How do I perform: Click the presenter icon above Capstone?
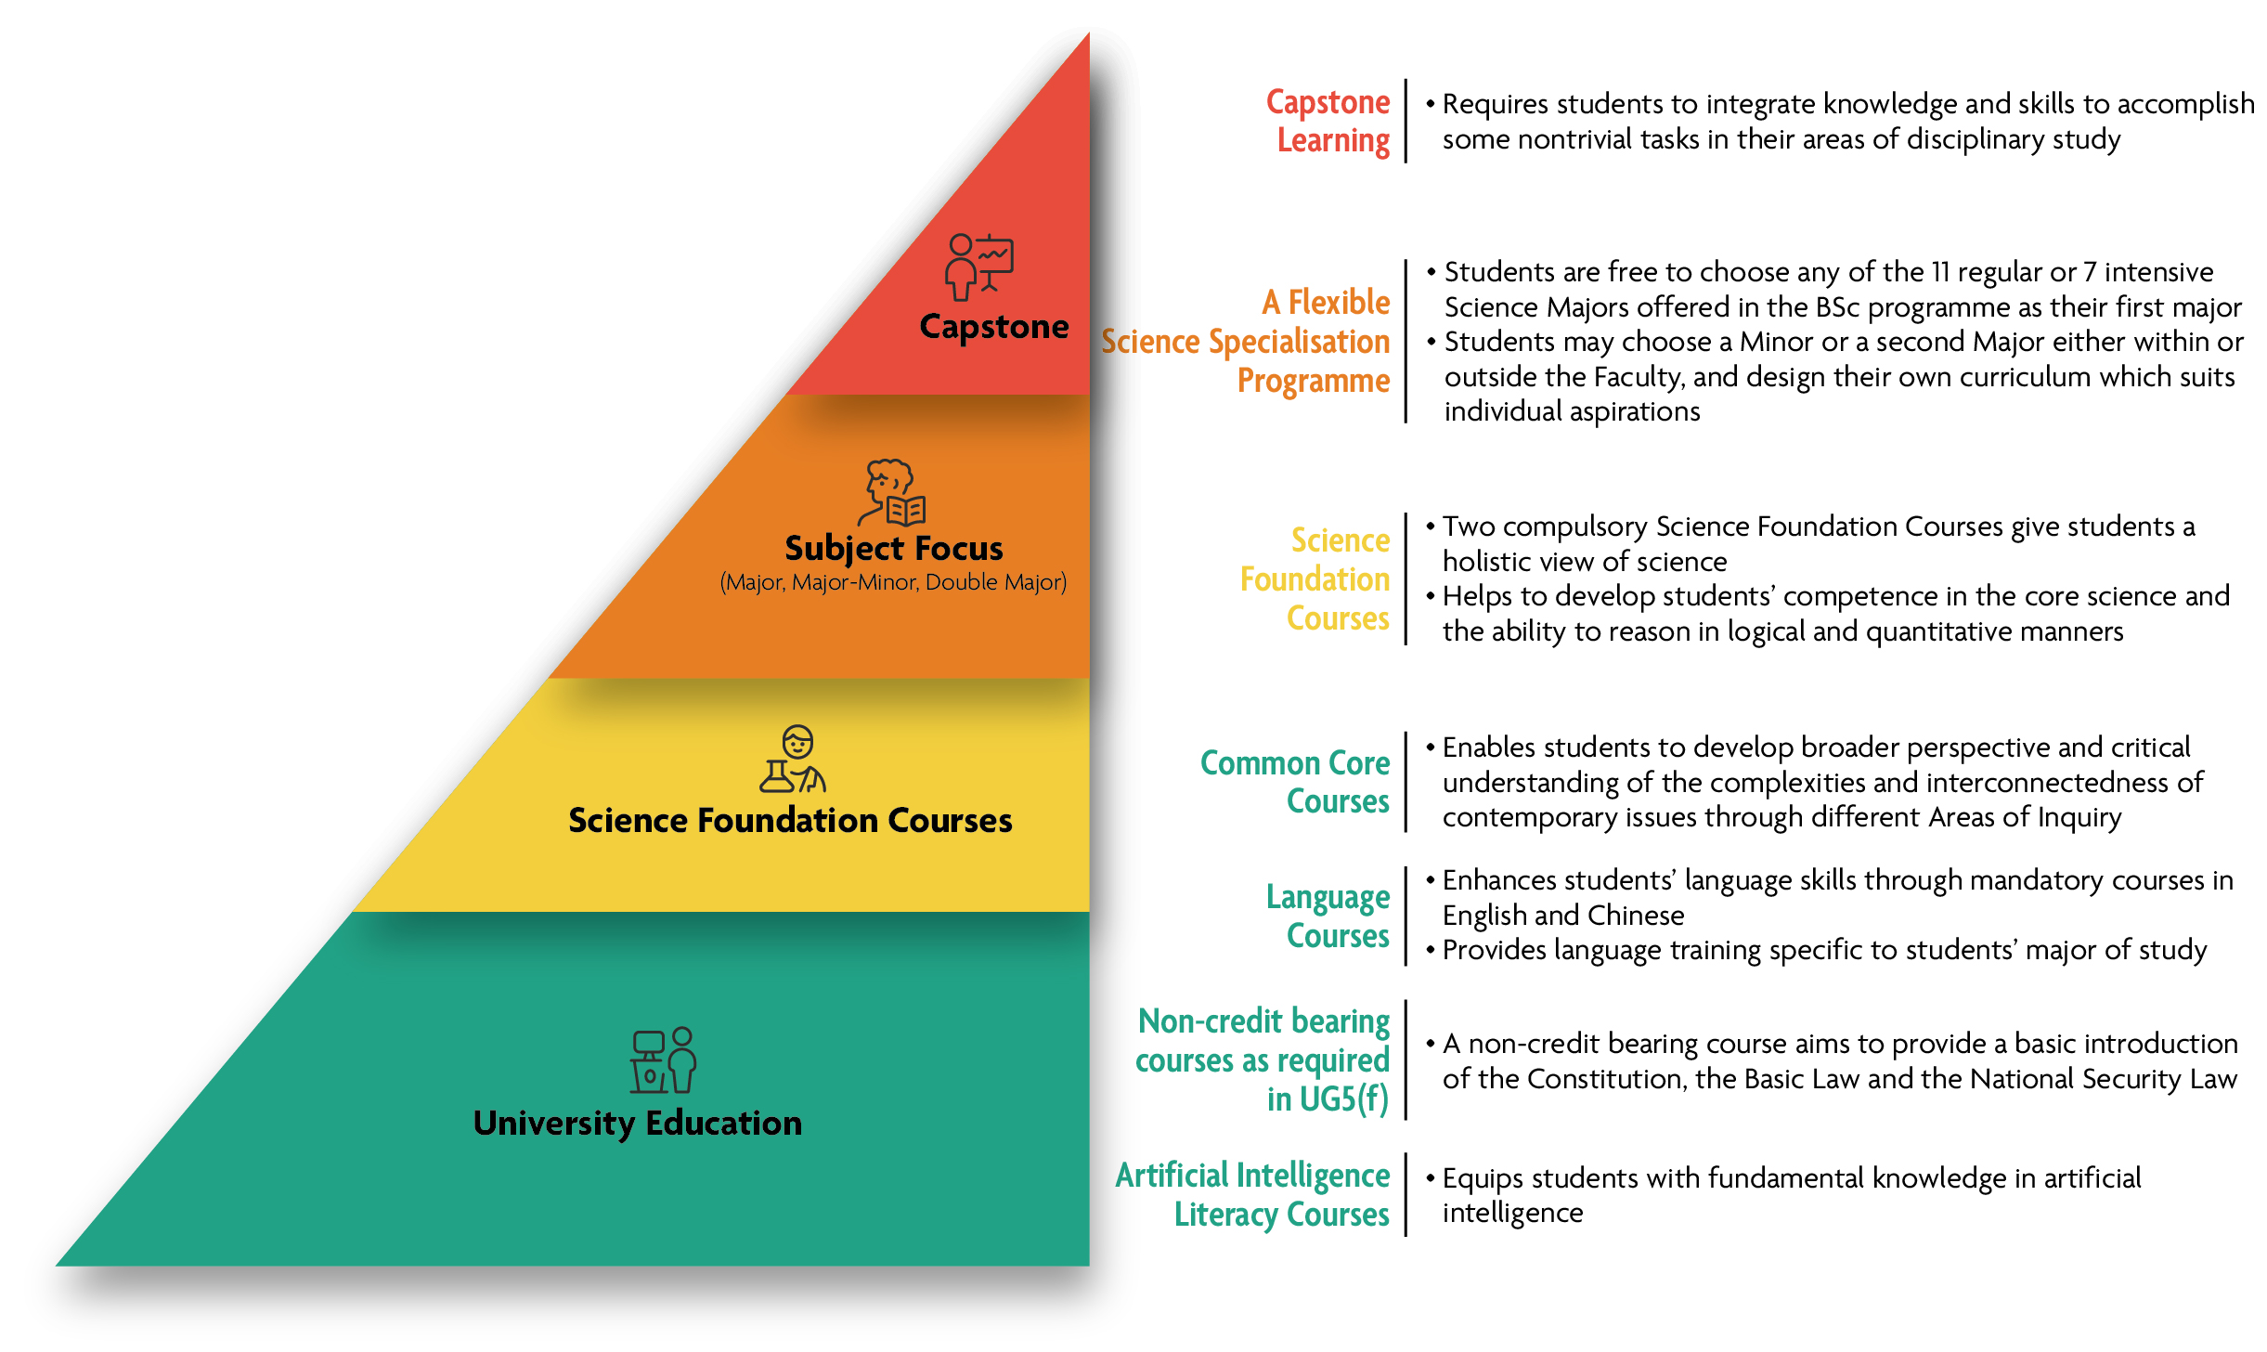pos(978,266)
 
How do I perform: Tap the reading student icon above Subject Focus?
pos(892,493)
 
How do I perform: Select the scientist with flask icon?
pos(794,760)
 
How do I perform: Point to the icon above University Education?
pos(664,1060)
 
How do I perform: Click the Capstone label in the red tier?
pos(993,327)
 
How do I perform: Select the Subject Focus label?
pos(893,548)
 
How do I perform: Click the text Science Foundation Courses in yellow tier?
pos(790,821)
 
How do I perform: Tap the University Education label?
pos(637,1124)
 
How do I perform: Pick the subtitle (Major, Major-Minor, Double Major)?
pos(893,582)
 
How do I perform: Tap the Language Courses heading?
pos(1329,916)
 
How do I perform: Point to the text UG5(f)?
pos(1343,1099)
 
